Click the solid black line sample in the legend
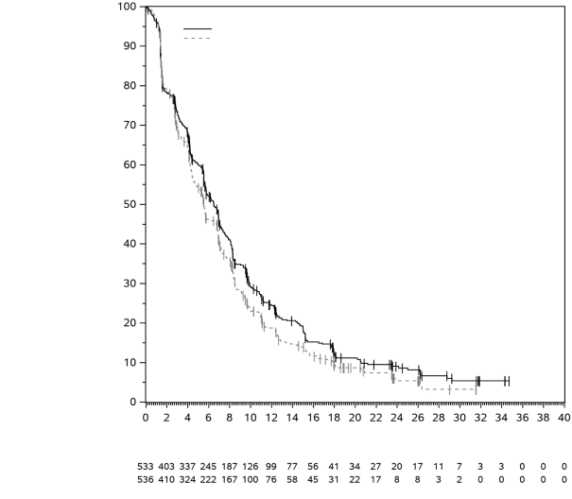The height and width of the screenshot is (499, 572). [197, 29]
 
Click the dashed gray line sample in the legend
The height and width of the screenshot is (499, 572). [197, 39]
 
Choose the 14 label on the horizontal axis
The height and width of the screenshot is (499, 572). [292, 417]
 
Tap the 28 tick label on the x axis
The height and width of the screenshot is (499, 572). [439, 417]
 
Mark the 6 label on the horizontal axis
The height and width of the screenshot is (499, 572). [208, 417]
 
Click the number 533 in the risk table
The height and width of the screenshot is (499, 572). [146, 467]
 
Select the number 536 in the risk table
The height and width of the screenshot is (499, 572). [146, 479]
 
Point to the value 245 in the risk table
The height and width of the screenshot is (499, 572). [208, 467]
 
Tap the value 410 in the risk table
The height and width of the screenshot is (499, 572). [166, 479]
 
